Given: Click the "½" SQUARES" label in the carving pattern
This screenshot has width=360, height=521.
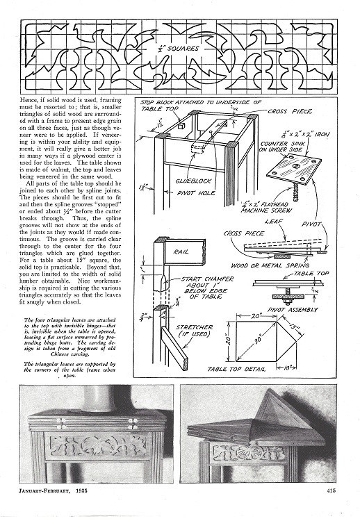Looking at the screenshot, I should (179, 49).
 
